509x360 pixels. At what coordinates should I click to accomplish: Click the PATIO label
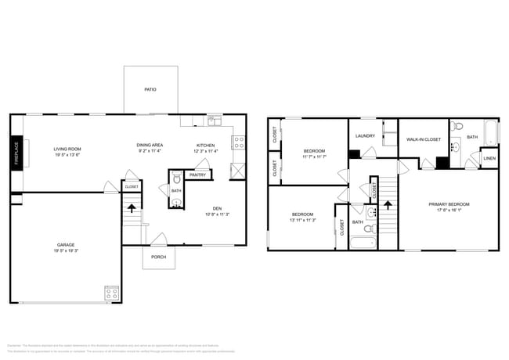[150, 90]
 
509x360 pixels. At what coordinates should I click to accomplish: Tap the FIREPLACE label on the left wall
[15, 153]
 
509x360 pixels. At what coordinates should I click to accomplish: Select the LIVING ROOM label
[67, 149]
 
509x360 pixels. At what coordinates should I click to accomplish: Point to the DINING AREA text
[149, 145]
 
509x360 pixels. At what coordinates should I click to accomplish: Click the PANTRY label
[197, 175]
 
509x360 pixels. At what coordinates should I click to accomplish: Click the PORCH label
[159, 256]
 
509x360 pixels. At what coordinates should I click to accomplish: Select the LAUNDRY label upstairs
[365, 135]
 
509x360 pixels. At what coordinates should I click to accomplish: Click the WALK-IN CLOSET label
[423, 139]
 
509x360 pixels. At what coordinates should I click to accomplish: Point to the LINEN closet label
[489, 158]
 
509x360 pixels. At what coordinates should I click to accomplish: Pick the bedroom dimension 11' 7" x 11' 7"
[313, 157]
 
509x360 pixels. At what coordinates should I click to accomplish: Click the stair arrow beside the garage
[132, 208]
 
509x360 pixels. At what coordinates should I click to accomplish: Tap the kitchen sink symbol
[212, 121]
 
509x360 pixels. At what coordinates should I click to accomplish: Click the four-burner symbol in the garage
[111, 293]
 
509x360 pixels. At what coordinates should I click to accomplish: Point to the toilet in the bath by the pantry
[176, 178]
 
